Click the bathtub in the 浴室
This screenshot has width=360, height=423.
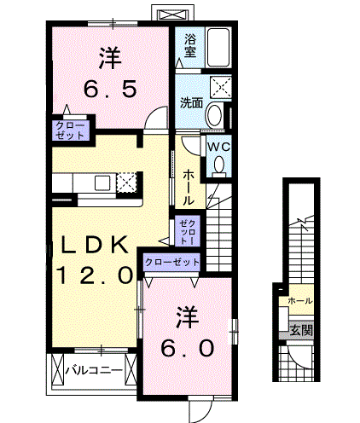point(218,47)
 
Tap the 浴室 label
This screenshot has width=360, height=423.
point(190,45)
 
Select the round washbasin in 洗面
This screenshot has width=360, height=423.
point(215,115)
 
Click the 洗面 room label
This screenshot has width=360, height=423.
point(191,103)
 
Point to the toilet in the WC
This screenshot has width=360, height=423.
point(218,165)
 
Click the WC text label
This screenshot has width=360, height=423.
point(218,147)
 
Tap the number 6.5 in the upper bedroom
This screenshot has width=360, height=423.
point(110,89)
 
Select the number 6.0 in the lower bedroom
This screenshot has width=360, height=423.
point(187,348)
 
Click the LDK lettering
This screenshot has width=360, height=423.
point(94,246)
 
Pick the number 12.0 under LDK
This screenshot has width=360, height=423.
point(95,275)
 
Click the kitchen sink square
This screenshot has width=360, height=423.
point(102,183)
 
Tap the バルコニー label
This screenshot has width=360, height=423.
point(94,370)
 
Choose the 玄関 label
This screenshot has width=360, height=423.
point(301,330)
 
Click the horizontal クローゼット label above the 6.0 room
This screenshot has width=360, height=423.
point(172,262)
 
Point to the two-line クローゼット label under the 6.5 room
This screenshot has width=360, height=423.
point(70,130)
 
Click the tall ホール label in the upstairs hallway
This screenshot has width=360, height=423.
point(188,188)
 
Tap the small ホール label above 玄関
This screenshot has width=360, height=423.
point(300,300)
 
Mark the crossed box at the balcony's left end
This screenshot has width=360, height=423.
point(58,369)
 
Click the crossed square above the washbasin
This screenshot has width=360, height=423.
point(221,87)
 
